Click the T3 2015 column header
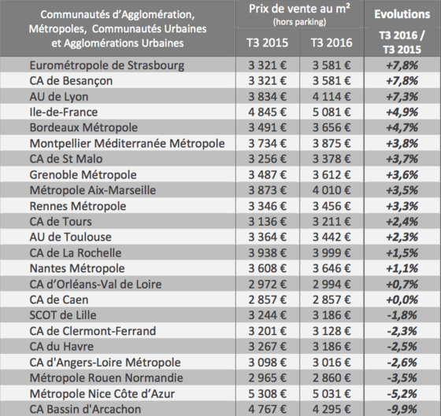click(268, 42)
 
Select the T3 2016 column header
click(332, 42)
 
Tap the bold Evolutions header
click(402, 14)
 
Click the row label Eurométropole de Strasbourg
click(107, 65)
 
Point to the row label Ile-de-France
click(64, 112)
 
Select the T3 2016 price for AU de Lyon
click(332, 97)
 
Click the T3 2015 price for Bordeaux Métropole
click(268, 127)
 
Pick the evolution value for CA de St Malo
click(402, 159)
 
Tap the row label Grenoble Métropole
click(83, 175)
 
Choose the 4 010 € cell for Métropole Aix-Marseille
click(332, 190)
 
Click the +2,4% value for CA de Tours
click(402, 222)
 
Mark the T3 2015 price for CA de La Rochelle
click(268, 252)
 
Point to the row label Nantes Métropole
click(77, 268)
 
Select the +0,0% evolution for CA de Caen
click(402, 300)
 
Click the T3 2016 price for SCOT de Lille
click(332, 315)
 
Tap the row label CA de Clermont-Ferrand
click(93, 331)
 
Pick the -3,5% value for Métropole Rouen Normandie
click(402, 377)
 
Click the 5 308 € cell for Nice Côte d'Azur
click(268, 393)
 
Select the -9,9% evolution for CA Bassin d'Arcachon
click(402, 409)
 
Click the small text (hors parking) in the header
click(299, 22)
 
